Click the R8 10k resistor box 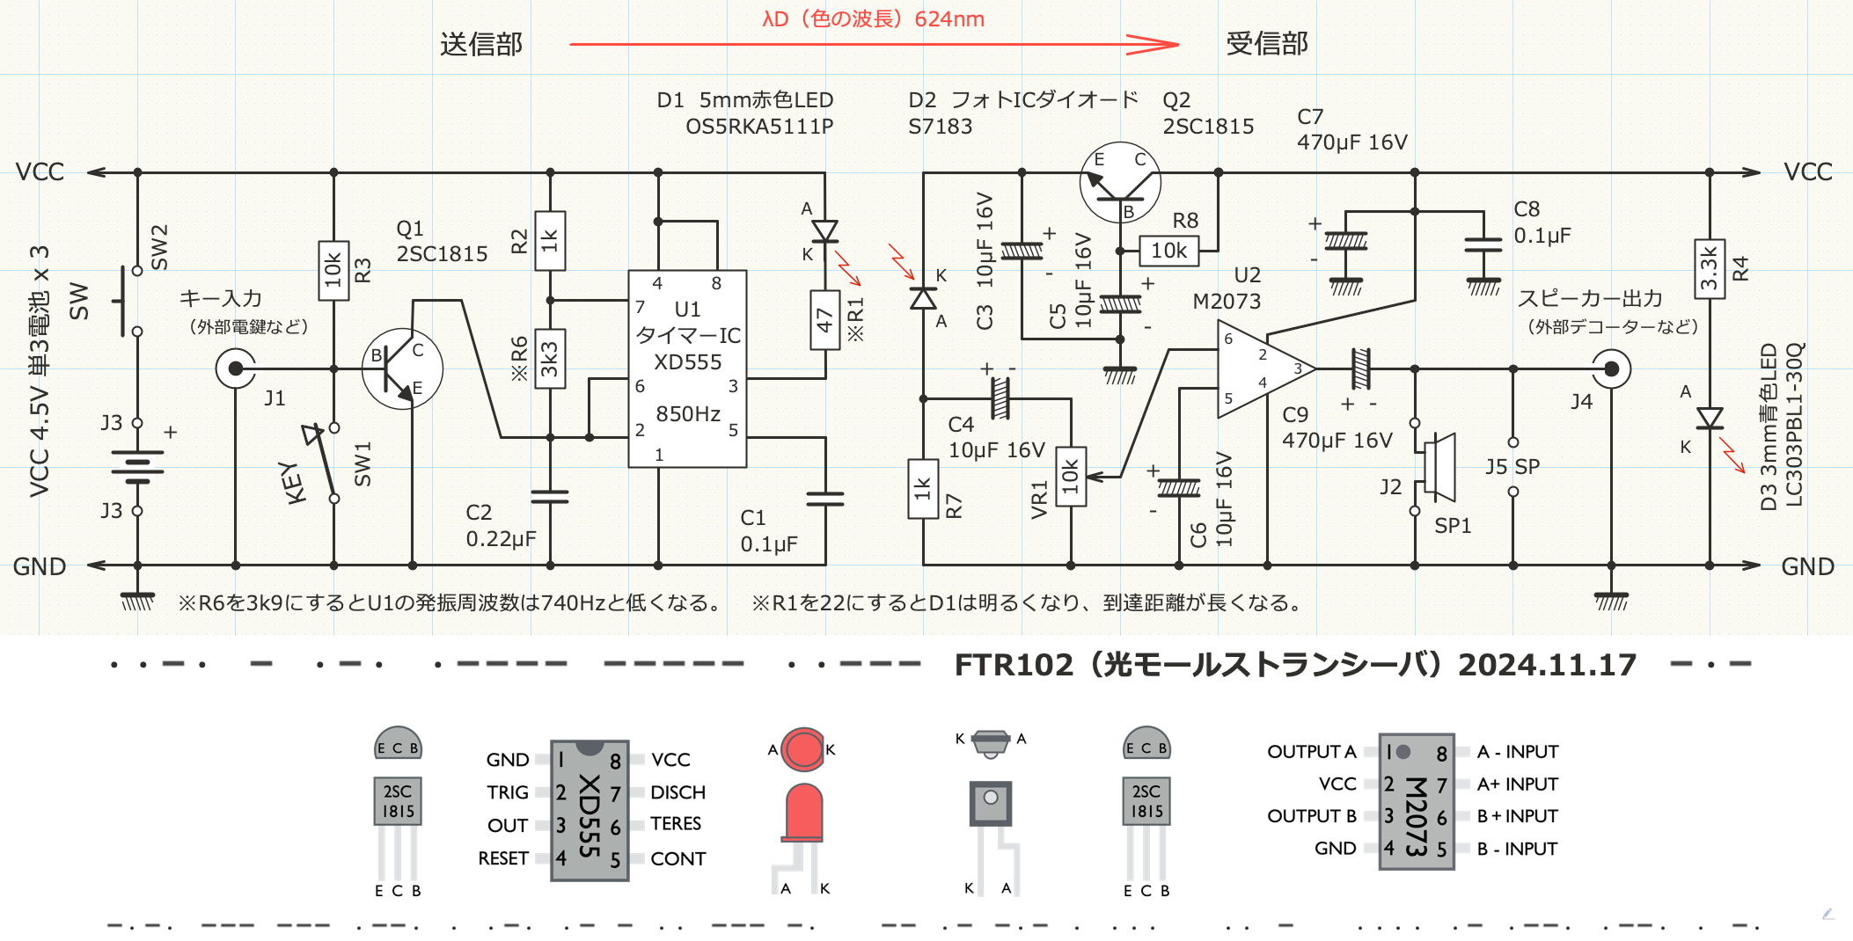click(x=1169, y=251)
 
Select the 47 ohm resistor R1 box click(x=824, y=320)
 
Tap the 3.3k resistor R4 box click(x=1709, y=269)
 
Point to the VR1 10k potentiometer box click(x=1070, y=477)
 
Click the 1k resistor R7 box click(x=923, y=488)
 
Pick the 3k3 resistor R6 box click(x=550, y=359)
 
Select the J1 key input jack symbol click(x=236, y=368)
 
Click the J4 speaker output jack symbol click(x=1611, y=369)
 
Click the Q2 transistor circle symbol click(x=1120, y=183)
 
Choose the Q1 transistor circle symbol click(x=402, y=369)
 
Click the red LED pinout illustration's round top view click(x=802, y=749)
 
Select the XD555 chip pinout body click(x=589, y=810)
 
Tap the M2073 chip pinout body click(x=1416, y=801)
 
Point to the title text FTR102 click(x=1014, y=665)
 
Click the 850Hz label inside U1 click(x=688, y=414)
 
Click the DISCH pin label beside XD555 click(x=677, y=792)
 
